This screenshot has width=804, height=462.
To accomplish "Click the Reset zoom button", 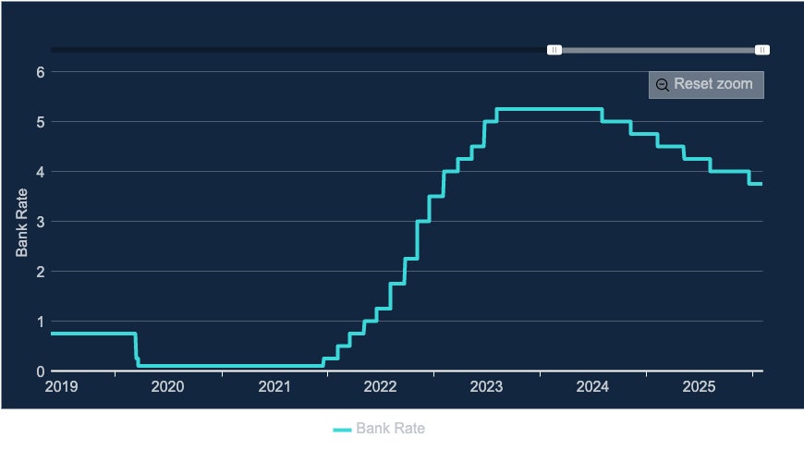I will pyautogui.click(x=706, y=84).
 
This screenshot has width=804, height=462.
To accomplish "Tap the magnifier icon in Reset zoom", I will pyautogui.click(x=663, y=85).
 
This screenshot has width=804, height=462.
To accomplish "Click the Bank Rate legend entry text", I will pyautogui.click(x=390, y=429).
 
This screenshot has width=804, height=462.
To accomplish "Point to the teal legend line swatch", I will pyautogui.click(x=342, y=430).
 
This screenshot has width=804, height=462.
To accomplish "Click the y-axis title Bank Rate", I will pyautogui.click(x=22, y=222).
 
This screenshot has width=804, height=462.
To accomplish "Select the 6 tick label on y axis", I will pyautogui.click(x=41, y=72).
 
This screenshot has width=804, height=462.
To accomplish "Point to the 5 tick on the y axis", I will pyautogui.click(x=41, y=122).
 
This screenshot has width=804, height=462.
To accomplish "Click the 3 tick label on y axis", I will pyautogui.click(x=41, y=222).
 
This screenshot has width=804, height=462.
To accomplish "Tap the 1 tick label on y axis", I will pyautogui.click(x=41, y=322).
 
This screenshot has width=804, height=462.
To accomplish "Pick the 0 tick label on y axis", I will pyautogui.click(x=41, y=371).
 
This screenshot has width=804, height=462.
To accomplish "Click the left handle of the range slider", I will pyautogui.click(x=554, y=50).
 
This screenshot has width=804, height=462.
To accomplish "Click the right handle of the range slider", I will pyautogui.click(x=762, y=50).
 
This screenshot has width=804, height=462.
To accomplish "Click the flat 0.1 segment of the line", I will pyautogui.click(x=231, y=366).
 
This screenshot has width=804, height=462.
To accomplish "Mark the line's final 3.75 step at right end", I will pyautogui.click(x=756, y=184).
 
